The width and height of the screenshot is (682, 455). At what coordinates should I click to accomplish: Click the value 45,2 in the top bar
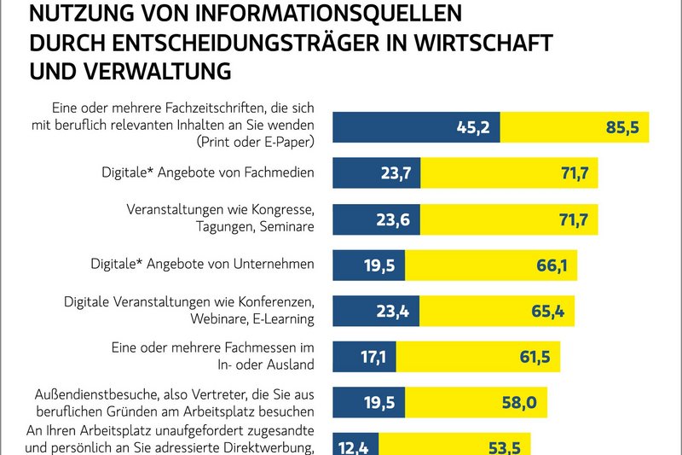(471, 128)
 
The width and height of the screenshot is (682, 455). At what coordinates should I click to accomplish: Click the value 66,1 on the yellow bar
(552, 265)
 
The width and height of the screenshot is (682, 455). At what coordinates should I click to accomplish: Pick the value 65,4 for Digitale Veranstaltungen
(548, 312)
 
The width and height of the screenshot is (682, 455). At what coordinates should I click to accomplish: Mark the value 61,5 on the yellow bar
(535, 357)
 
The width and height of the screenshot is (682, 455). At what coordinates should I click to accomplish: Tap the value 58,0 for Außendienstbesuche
(519, 402)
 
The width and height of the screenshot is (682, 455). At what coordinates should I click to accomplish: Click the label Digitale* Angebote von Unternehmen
(203, 265)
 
